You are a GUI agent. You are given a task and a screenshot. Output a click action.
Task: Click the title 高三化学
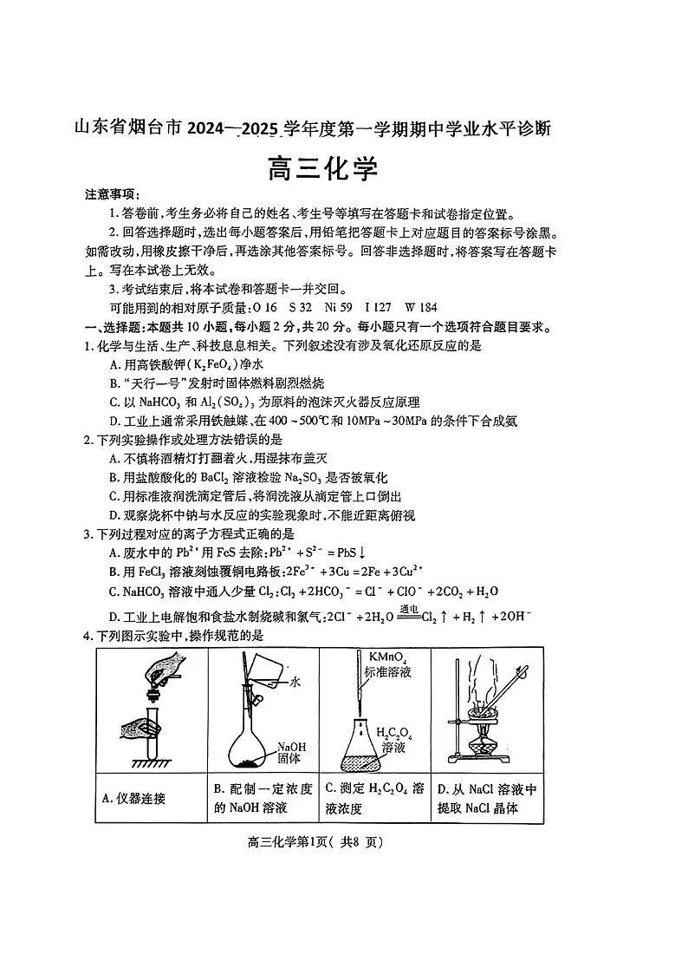point(322,168)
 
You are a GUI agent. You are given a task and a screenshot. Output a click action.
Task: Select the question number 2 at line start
point(88,441)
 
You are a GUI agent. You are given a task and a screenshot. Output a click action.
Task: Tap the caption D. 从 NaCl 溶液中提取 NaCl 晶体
point(488,799)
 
